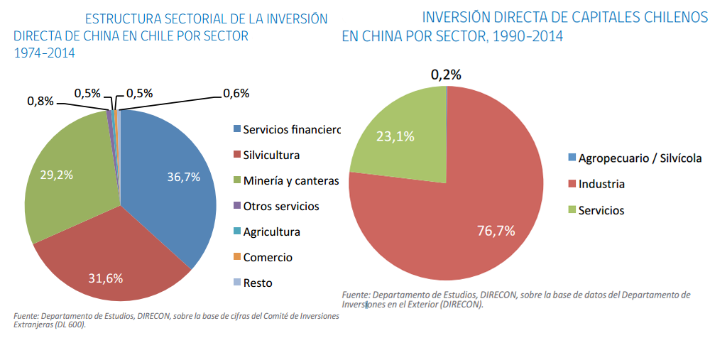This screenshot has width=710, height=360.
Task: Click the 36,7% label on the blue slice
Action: [x=182, y=178]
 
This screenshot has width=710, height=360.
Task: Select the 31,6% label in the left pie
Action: [x=106, y=278]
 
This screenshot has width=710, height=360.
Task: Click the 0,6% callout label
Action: [x=236, y=93]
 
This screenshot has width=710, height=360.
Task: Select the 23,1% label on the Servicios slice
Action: [x=395, y=136]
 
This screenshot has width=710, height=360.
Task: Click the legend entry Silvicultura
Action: [x=271, y=155]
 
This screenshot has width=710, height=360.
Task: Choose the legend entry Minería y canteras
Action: [x=290, y=180]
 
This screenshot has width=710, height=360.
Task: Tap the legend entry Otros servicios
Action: [x=280, y=206]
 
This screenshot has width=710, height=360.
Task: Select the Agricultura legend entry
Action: [x=271, y=231]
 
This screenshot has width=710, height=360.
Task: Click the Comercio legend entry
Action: [x=267, y=257]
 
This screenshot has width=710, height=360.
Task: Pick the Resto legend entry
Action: [x=257, y=283]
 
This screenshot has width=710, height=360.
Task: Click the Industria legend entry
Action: [x=601, y=184]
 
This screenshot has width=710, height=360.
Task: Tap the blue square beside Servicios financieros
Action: [x=237, y=129]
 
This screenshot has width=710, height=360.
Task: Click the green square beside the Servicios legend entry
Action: [x=572, y=210]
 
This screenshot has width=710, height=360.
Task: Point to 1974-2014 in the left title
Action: [x=44, y=53]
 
